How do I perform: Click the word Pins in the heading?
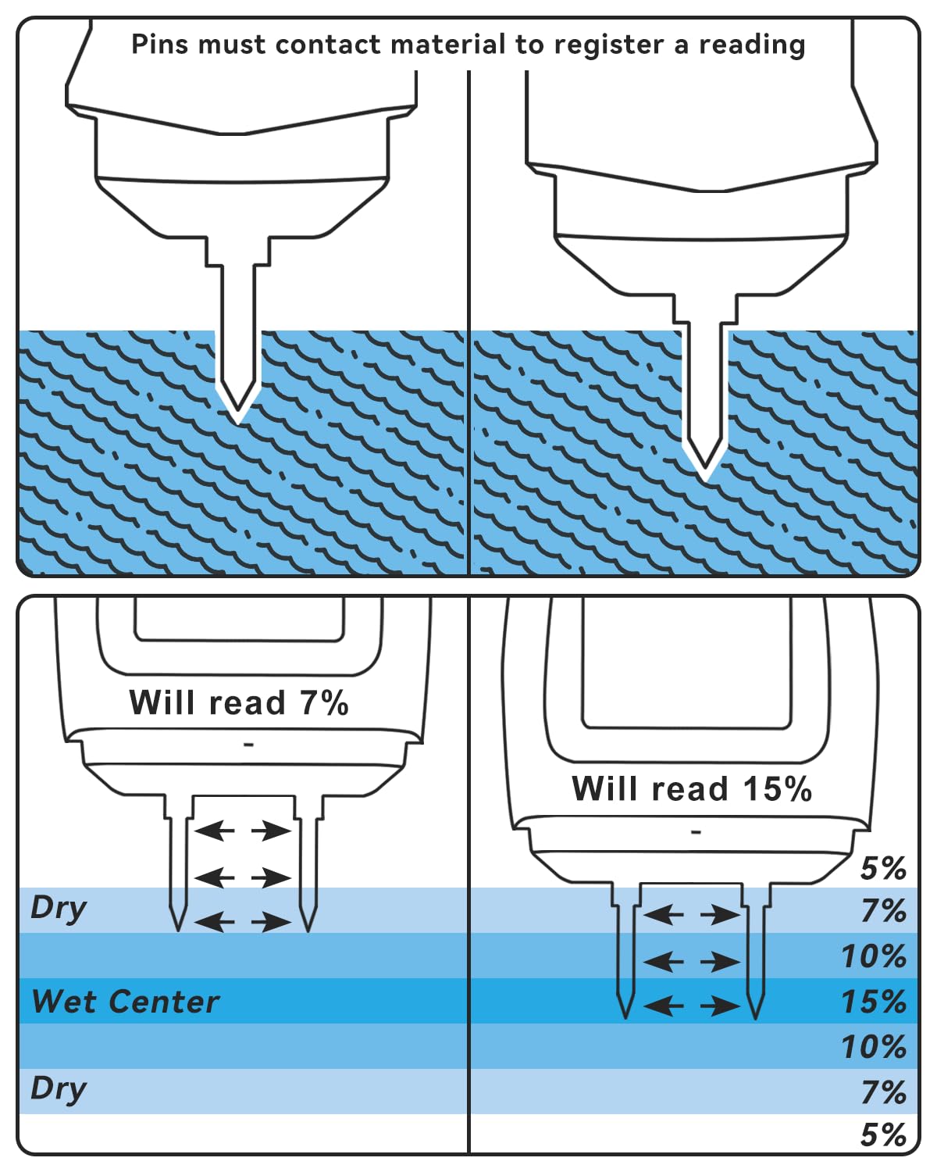160,44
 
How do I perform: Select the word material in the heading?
448,44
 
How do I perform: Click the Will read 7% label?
238,702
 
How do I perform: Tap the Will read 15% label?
692,788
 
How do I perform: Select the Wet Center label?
126,1002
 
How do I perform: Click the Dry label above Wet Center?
59,909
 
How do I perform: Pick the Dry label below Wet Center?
59,1088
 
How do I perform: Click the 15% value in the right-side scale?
874,1002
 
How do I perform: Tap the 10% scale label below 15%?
874,1047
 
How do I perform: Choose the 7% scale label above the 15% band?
884,910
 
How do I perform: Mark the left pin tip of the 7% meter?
178,931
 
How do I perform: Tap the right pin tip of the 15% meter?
755,1018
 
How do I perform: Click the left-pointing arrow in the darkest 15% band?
663,1006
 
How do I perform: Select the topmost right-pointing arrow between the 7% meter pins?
272,831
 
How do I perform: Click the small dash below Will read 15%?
696,832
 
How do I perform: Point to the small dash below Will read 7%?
249,745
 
